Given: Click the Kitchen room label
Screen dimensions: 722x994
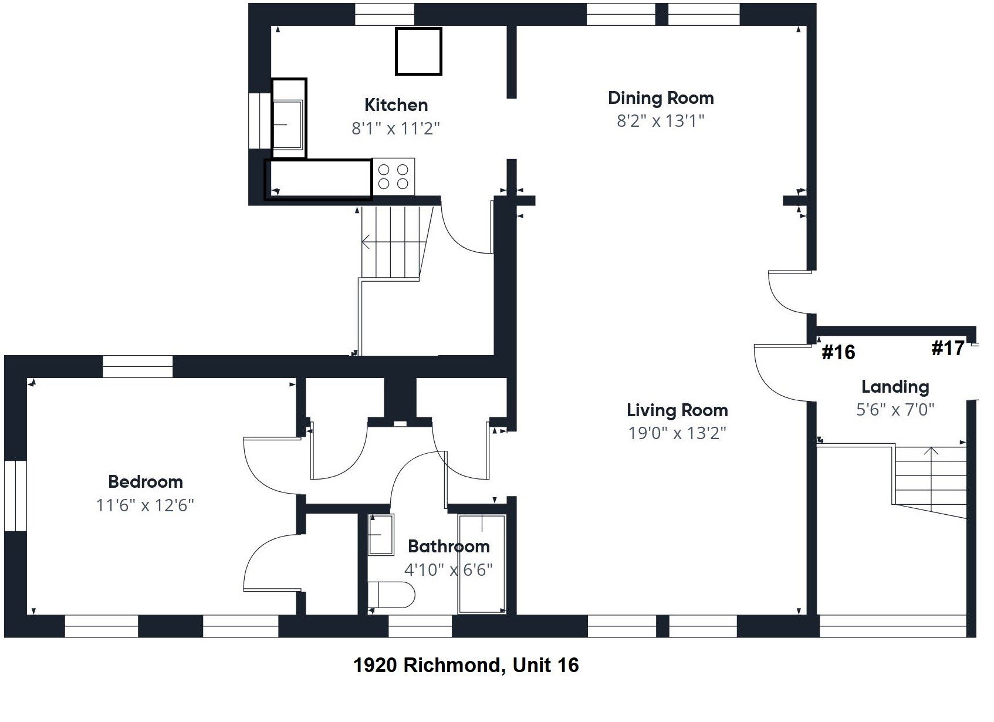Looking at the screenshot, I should point(396,105).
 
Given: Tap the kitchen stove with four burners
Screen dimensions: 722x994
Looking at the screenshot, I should point(393,176).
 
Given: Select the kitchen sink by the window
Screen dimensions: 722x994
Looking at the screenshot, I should point(288,124).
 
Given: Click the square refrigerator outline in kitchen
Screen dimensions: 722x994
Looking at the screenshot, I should point(418,52).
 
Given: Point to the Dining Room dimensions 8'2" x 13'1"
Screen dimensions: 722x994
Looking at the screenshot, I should point(660,121).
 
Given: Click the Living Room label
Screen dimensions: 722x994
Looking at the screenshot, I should point(677,410).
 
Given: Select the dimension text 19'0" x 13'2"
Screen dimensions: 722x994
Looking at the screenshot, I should point(677,433).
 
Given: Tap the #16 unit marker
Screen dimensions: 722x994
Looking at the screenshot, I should point(839,352).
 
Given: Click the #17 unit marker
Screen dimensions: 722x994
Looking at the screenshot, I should point(948,348).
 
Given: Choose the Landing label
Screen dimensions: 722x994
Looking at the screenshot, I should point(895,387).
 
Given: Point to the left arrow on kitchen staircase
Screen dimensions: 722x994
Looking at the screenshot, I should point(366,241).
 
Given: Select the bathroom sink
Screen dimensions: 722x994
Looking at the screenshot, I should point(381,535).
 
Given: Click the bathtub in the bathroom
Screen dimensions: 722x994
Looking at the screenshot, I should point(482,564).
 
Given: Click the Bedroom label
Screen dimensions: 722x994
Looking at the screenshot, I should point(146,482).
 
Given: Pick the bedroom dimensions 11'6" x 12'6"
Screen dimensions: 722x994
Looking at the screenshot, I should point(145,505).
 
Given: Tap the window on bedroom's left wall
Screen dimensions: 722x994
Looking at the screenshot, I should point(15,496).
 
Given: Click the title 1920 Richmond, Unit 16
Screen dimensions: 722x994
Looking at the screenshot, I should point(466,665).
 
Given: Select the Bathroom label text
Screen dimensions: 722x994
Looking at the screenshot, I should point(448,546).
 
